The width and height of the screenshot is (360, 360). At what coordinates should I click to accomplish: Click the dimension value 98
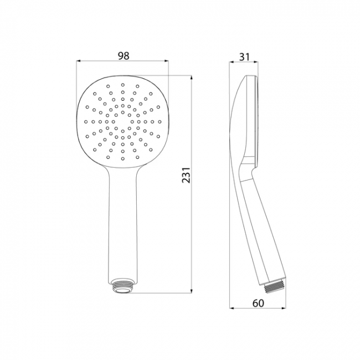click(124, 56)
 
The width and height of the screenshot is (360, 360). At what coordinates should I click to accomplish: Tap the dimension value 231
click(186, 174)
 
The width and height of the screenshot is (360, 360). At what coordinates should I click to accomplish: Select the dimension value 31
click(244, 56)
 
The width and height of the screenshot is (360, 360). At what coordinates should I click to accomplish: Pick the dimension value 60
click(258, 303)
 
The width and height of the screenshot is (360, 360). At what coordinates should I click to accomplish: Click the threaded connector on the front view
click(123, 286)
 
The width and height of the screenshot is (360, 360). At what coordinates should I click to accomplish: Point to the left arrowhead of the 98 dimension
click(79, 61)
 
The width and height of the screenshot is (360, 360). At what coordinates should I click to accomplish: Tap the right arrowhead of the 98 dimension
click(166, 61)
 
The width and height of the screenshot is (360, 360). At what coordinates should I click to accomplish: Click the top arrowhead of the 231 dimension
click(191, 78)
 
